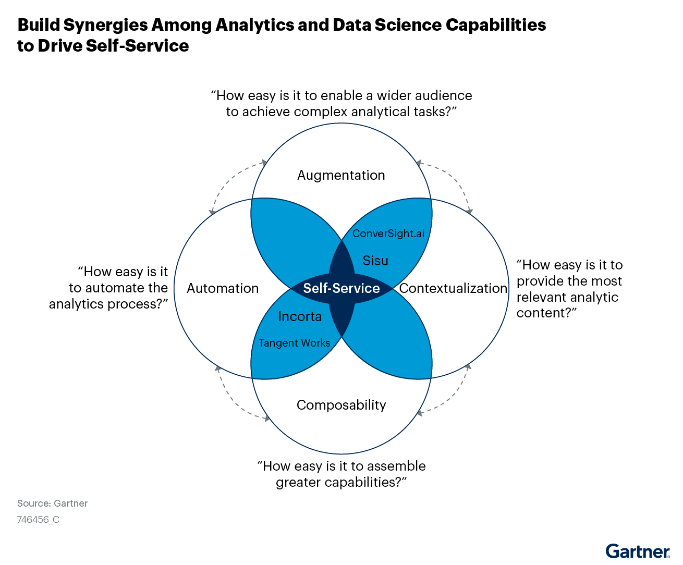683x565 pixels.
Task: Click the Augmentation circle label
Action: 341,175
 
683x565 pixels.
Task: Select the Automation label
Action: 223,288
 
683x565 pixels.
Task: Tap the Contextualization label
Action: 453,288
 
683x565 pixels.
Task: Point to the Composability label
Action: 341,405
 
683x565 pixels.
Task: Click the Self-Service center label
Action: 341,288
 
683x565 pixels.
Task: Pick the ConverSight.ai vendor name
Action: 388,233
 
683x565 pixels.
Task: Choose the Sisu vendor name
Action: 375,261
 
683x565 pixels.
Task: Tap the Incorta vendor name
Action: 300,316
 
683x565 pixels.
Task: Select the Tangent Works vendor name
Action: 295,343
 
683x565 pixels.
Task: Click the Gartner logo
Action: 638,551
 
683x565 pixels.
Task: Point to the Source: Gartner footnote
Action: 53,503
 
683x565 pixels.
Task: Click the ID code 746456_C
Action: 38,520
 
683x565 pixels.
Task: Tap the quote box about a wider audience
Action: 341,104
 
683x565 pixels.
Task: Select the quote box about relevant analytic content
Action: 570,289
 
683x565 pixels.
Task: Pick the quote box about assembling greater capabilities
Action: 341,474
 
